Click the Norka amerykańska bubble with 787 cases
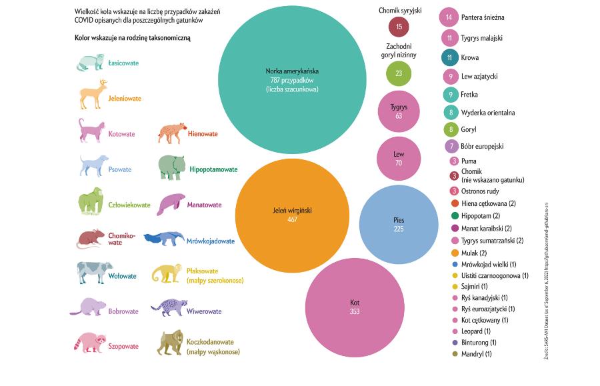tap(291, 79)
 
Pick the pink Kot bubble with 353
tap(355, 307)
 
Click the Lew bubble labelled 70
tap(399, 158)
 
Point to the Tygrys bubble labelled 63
tap(399, 111)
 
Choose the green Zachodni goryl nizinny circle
tap(399, 73)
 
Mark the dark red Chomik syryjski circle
tap(399, 27)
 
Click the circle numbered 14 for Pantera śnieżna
tap(450, 17)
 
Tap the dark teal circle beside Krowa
tap(450, 57)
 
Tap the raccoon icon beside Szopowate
tap(89, 343)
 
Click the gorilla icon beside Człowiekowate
tap(91, 202)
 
